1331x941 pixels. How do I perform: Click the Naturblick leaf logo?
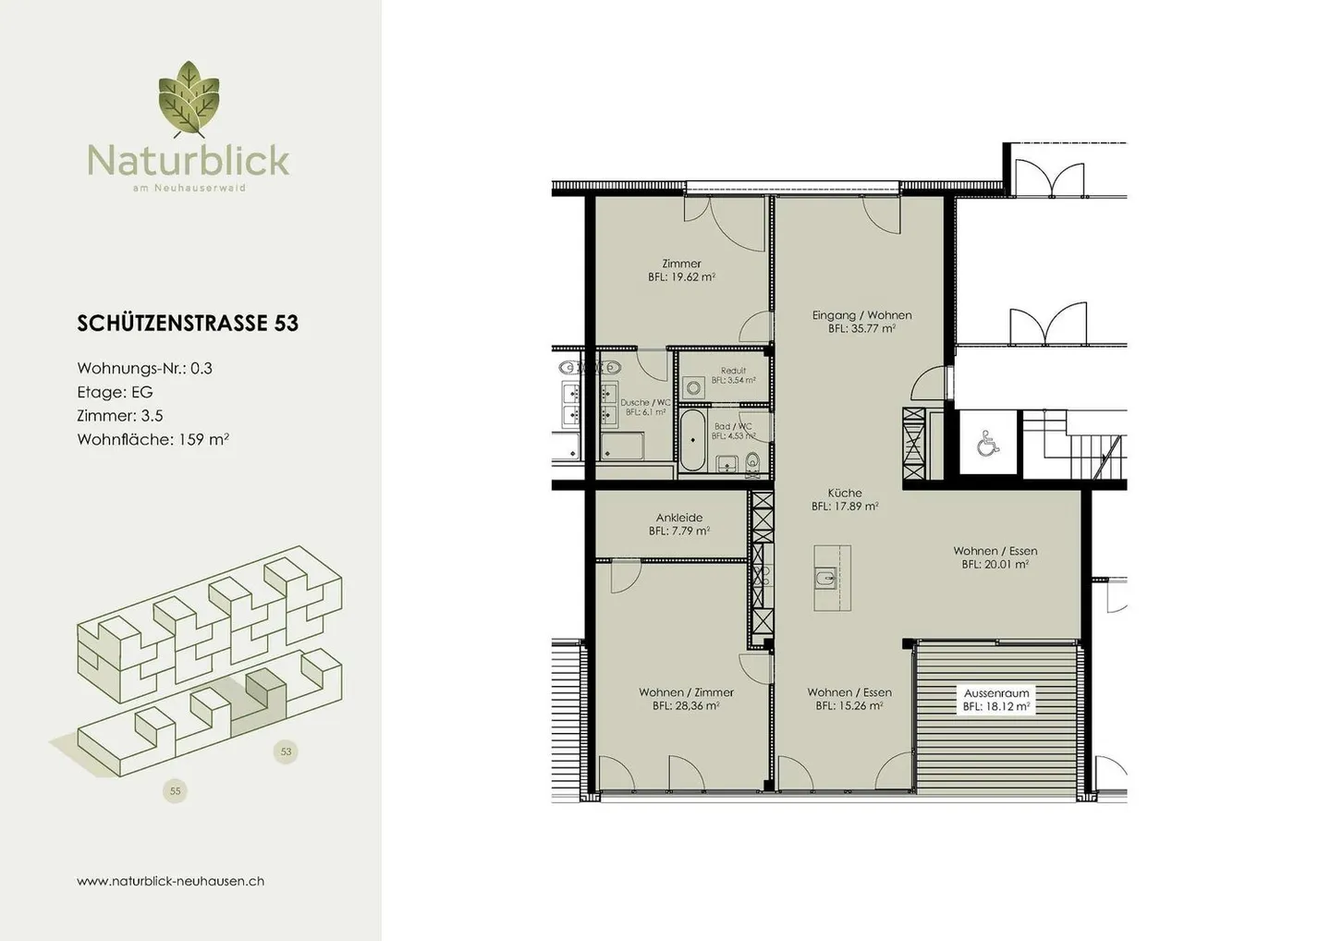tap(189, 100)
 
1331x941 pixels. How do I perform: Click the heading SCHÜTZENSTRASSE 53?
tap(188, 323)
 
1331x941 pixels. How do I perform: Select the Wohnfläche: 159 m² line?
tap(153, 439)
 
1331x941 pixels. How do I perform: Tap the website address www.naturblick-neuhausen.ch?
tap(170, 881)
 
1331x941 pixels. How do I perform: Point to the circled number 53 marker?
tap(286, 752)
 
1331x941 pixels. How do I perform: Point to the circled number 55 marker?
tap(175, 790)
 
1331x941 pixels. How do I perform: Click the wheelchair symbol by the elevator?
tap(987, 444)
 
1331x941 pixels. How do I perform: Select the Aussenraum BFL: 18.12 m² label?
tap(995, 700)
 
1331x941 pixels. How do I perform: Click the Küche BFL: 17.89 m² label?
tap(845, 500)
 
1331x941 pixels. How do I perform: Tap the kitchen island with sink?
tap(832, 579)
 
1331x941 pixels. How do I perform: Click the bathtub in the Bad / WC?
tap(693, 442)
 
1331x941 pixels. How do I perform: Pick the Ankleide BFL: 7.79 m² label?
tap(679, 524)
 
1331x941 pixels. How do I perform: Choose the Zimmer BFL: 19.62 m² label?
tap(681, 270)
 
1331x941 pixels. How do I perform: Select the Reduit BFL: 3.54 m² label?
tap(733, 375)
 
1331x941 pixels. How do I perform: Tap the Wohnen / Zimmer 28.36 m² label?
tap(686, 699)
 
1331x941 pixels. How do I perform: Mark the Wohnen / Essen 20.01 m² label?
tap(995, 557)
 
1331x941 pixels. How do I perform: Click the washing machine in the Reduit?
tap(693, 388)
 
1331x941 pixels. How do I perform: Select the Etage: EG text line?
tap(115, 392)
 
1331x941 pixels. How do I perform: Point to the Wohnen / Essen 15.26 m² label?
tap(849, 699)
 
